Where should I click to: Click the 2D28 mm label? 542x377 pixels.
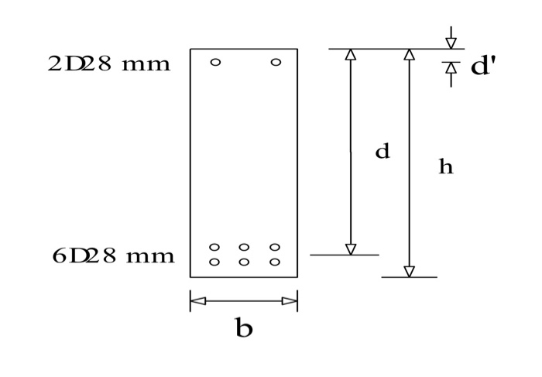click(109, 63)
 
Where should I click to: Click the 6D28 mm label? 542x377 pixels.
click(113, 255)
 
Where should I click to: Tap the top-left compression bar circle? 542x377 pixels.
click(215, 62)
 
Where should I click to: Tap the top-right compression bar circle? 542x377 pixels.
click(276, 62)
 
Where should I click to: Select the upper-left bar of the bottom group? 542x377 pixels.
click(214, 248)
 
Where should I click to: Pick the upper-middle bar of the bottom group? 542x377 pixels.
click(244, 248)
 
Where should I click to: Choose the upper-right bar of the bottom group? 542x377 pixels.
click(275, 248)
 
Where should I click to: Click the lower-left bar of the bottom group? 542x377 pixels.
click(214, 262)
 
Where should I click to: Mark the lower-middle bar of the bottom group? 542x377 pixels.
click(244, 262)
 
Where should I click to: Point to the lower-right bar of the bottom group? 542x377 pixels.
click(275, 262)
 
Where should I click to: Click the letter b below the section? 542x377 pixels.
click(243, 329)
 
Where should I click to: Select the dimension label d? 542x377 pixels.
click(382, 152)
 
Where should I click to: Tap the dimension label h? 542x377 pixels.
click(445, 166)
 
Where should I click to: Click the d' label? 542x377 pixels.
click(482, 67)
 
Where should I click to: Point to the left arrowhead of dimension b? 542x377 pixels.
click(197, 301)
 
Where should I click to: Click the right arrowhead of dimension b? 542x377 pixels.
click(290, 301)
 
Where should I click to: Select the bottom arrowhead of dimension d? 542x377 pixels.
click(350, 248)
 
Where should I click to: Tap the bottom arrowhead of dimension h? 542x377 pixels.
click(410, 271)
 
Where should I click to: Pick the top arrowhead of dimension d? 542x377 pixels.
click(350, 55)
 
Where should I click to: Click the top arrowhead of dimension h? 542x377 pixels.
click(410, 55)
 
